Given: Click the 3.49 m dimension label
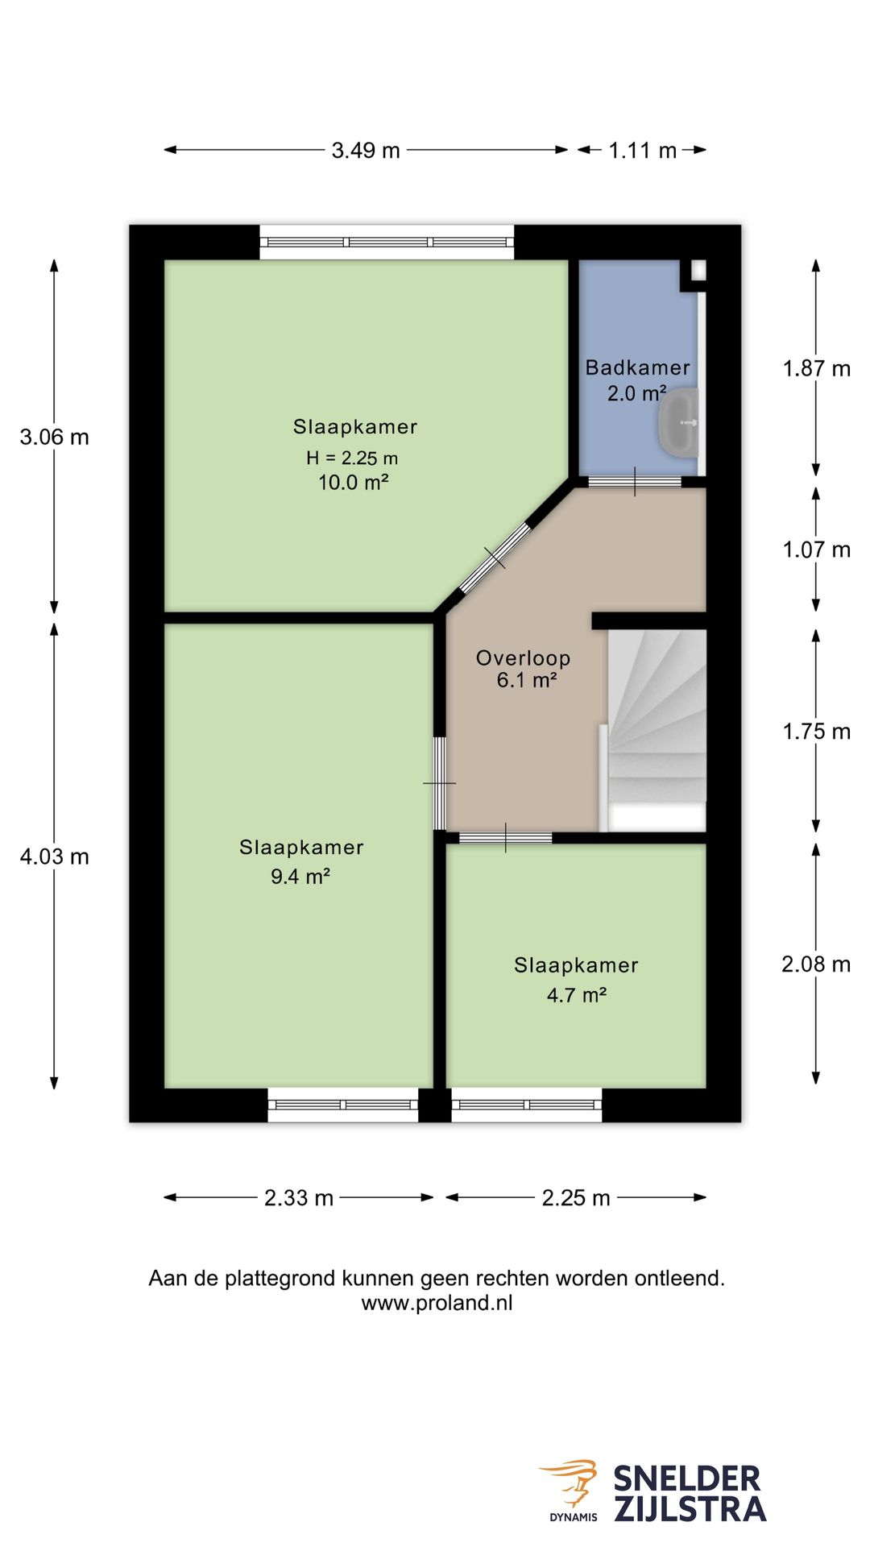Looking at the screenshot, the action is (366, 151).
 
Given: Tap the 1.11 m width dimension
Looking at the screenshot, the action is (642, 151).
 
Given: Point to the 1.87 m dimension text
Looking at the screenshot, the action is (816, 369).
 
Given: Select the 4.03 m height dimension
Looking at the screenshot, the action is (54, 856).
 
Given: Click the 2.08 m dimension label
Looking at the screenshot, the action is (816, 964).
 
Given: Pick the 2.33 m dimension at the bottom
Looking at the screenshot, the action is (299, 1198).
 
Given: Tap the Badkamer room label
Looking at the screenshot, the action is (638, 368).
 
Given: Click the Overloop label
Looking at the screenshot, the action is (524, 658).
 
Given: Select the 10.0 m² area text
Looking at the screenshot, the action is (354, 483).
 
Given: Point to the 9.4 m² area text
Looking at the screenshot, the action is (300, 877).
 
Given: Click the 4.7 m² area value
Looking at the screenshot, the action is (577, 995).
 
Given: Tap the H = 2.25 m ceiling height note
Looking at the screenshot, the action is (352, 458).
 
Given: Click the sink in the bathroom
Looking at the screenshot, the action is (679, 422).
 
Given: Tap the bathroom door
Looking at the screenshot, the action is (635, 482).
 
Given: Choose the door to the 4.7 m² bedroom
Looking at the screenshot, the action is (505, 838).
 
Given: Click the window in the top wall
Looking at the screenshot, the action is (387, 242).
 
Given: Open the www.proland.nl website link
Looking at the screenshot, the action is (437, 1304).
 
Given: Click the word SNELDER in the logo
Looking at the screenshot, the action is (687, 1479).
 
